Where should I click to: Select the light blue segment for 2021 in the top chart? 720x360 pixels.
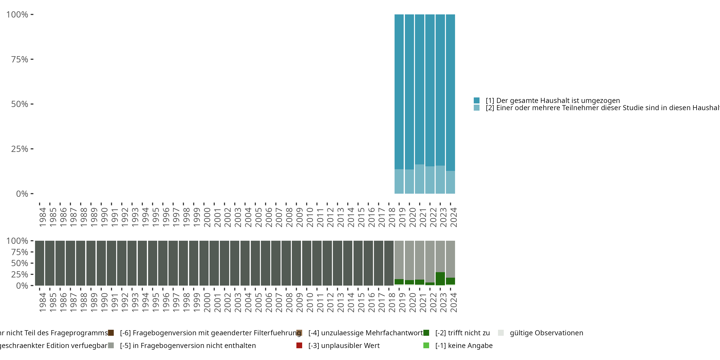click(420, 179)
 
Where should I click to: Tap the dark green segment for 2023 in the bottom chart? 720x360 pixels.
click(440, 279)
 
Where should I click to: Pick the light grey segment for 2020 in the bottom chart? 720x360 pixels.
click(409, 260)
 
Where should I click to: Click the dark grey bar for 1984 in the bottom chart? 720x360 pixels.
click(40, 263)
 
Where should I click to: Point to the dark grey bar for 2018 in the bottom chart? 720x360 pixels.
click(389, 263)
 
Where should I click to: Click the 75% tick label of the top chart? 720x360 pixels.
click(20, 59)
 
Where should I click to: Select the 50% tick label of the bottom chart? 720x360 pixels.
click(20, 263)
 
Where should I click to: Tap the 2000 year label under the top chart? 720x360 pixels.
click(207, 217)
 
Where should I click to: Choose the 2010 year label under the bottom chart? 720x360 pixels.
click(310, 302)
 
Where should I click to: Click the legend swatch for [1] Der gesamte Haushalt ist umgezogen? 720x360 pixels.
click(477, 100)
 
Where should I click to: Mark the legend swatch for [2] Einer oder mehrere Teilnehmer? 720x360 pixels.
click(477, 108)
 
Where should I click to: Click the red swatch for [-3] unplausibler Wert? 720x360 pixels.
click(299, 345)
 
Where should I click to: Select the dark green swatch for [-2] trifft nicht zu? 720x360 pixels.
click(426, 333)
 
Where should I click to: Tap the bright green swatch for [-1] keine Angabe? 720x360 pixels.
click(426, 345)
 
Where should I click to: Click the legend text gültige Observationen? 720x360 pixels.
click(546, 333)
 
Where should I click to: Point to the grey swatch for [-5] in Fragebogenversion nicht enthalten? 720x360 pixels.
click(111, 345)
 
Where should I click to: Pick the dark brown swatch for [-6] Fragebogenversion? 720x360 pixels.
click(111, 333)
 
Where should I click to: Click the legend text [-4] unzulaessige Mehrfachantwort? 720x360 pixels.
click(365, 333)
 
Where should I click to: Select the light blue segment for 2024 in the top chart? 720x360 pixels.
click(450, 182)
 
